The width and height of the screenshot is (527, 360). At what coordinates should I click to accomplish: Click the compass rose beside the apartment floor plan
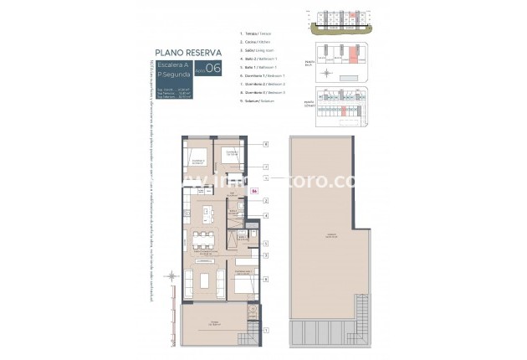[171, 278]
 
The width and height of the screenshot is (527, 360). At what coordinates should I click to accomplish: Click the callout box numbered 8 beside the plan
[266, 145]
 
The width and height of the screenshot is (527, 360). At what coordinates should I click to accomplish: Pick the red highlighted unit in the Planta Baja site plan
[352, 55]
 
